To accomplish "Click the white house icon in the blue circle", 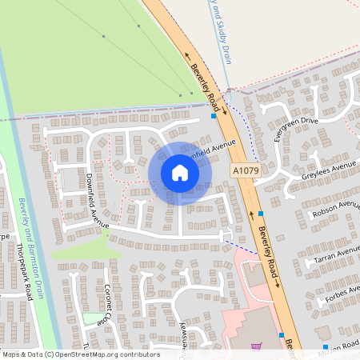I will click(x=180, y=173).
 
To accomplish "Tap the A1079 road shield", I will click(x=246, y=171).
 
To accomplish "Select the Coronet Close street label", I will click(x=105, y=304).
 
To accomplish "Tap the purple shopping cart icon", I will click(x=255, y=347).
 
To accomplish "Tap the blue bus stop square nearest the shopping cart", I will click(x=282, y=334).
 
